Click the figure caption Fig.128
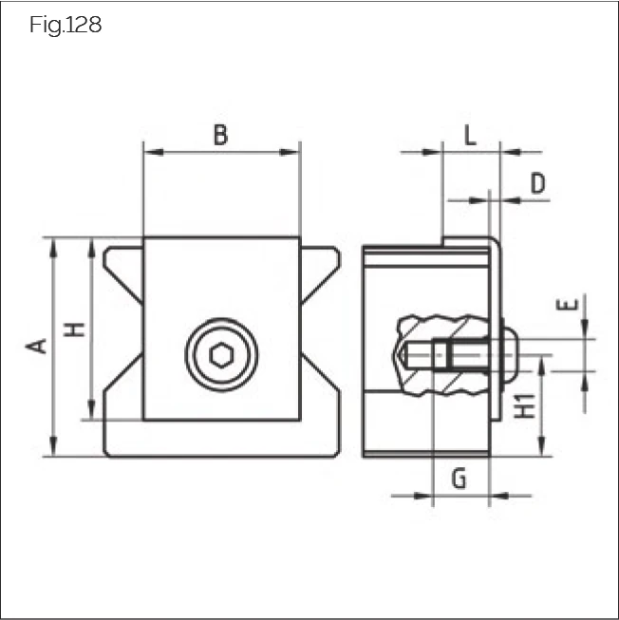coord(66,26)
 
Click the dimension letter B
coord(220,136)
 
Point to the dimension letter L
coord(470,136)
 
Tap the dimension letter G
coord(459,479)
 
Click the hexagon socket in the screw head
coord(221,356)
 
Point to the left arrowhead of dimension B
coord(148,151)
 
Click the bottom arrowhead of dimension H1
coord(542,451)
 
